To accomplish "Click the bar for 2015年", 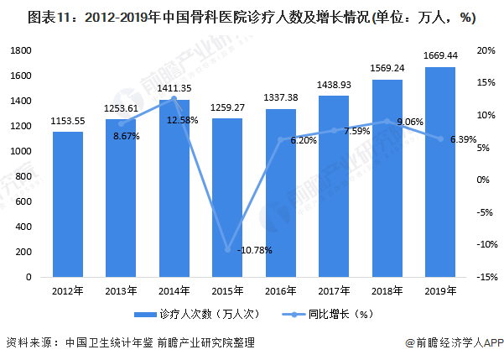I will [227, 197].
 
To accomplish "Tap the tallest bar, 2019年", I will [440, 172].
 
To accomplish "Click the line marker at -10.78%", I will [227, 249].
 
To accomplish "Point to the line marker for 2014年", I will [174, 98].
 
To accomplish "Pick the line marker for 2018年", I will [387, 121].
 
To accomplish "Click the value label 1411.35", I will [174, 88].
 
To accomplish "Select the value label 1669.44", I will [440, 55].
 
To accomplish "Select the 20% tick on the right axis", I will [486, 51].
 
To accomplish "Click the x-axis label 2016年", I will [281, 291].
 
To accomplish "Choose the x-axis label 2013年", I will [122, 291].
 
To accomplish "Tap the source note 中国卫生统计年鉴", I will [107, 343].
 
